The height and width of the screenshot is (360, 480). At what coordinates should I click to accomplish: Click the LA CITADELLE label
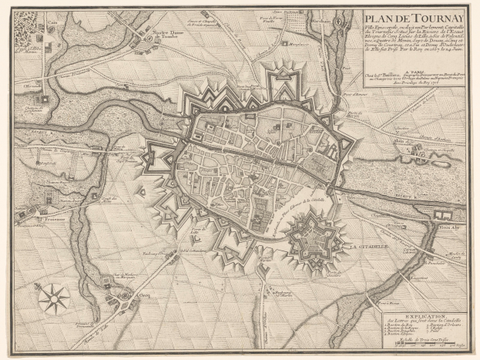[x=363, y=247]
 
